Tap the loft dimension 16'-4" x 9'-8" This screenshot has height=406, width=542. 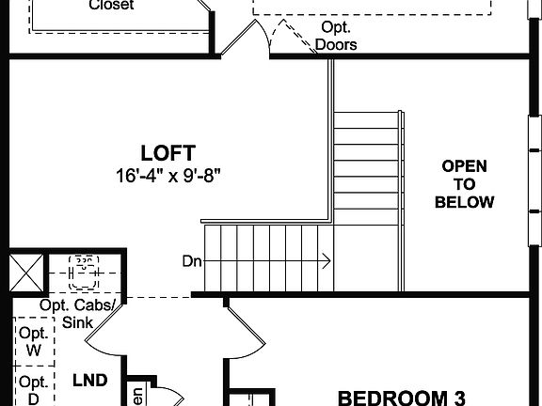pos(168,175)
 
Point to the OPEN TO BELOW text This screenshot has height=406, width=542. pos(465,184)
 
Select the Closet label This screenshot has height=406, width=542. pos(111,5)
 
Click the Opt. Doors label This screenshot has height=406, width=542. pos(336,36)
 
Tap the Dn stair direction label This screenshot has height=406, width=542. pos(192,261)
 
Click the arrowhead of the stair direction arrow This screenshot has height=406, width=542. pos(327,261)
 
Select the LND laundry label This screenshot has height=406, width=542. pos(90,381)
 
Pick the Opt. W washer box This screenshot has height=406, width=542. pos(34,341)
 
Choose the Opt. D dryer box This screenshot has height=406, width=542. pos(34,390)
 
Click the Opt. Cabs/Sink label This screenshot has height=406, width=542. pos(80,314)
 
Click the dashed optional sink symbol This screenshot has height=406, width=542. pos(85,271)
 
